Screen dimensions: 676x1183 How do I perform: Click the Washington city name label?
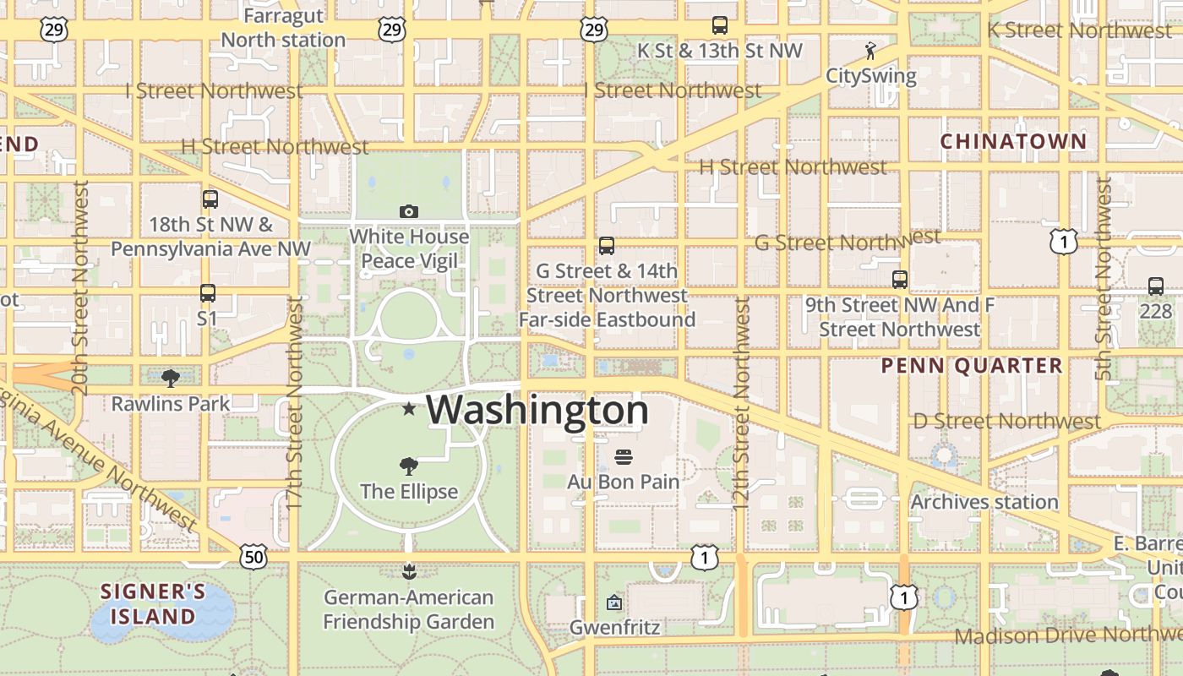pyautogui.click(x=537, y=411)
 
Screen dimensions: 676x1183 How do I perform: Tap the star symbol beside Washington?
pyautogui.click(x=409, y=410)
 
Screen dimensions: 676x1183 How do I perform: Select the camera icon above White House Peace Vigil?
pyautogui.click(x=409, y=211)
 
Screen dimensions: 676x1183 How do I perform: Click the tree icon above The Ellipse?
pyautogui.click(x=409, y=466)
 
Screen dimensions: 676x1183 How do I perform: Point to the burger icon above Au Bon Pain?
pyautogui.click(x=624, y=457)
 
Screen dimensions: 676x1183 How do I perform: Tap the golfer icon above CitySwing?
pyautogui.click(x=870, y=51)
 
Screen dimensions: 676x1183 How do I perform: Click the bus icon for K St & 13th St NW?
pyautogui.click(x=720, y=25)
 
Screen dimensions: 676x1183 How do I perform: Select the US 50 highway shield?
pyautogui.click(x=253, y=557)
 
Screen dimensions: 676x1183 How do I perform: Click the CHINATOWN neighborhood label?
pyautogui.click(x=1013, y=141)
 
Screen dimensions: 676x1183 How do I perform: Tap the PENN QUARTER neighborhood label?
pyautogui.click(x=972, y=366)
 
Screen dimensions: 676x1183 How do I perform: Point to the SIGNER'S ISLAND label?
pyautogui.click(x=153, y=603)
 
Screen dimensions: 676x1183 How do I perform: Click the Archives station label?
pyautogui.click(x=984, y=502)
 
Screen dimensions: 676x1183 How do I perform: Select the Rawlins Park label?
pyautogui.click(x=171, y=404)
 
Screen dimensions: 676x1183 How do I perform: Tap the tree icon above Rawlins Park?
pyautogui.click(x=171, y=378)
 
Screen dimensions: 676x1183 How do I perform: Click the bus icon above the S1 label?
pyautogui.click(x=208, y=293)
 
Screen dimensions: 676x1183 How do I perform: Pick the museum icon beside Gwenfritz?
pyautogui.click(x=614, y=602)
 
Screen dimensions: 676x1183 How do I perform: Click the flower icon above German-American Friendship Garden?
pyautogui.click(x=409, y=572)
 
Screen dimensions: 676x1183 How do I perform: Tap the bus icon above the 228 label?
pyautogui.click(x=1156, y=286)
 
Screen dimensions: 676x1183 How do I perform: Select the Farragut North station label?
pyautogui.click(x=283, y=28)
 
